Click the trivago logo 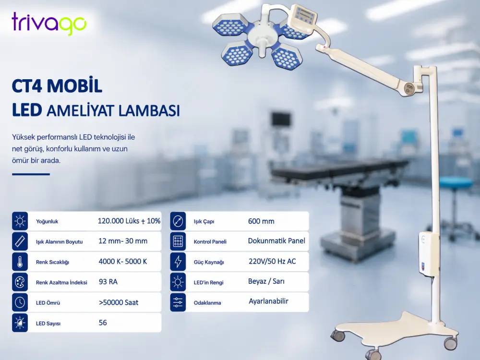coord(49,24)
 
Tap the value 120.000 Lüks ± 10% coord(129,221)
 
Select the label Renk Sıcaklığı coord(52,262)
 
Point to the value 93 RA coord(108,282)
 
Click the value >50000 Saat coord(119,302)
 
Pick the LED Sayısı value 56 coord(103,323)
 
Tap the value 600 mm coord(261,221)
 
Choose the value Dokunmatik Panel coord(276,241)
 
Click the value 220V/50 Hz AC coord(272,261)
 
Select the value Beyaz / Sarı coord(266,281)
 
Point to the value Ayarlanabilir coord(268,301)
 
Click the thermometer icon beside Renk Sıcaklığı coord(20,262)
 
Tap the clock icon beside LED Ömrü coord(20,302)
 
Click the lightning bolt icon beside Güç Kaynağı coord(178,262)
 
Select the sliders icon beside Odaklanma coord(178,302)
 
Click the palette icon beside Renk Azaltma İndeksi coord(20,282)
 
